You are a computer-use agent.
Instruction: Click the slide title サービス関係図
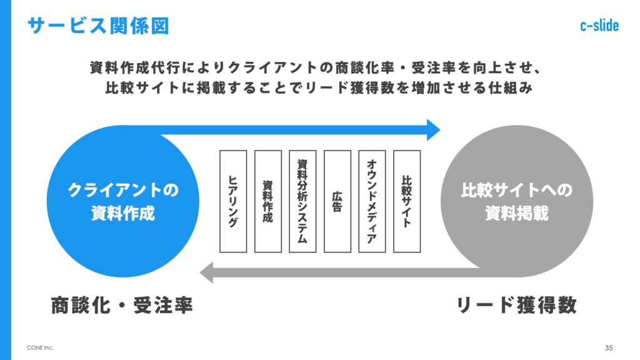click(x=98, y=26)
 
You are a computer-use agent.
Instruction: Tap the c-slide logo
click(x=599, y=26)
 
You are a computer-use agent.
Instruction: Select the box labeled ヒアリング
click(x=233, y=201)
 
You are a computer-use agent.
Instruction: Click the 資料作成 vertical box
click(x=268, y=201)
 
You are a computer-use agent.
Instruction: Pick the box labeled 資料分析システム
click(x=302, y=201)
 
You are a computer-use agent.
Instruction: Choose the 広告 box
click(x=337, y=201)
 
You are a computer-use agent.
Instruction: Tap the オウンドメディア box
click(x=372, y=201)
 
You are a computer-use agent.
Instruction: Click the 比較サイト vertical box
click(x=407, y=201)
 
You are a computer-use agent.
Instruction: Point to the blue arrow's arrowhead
click(x=432, y=129)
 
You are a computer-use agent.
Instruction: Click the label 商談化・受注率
click(x=121, y=305)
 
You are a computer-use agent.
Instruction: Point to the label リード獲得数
click(x=516, y=305)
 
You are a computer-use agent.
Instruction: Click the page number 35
click(x=609, y=347)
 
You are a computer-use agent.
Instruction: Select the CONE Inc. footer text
click(x=40, y=347)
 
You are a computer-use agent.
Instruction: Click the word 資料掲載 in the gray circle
click(x=517, y=214)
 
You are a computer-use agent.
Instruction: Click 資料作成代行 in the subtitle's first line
click(x=127, y=67)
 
